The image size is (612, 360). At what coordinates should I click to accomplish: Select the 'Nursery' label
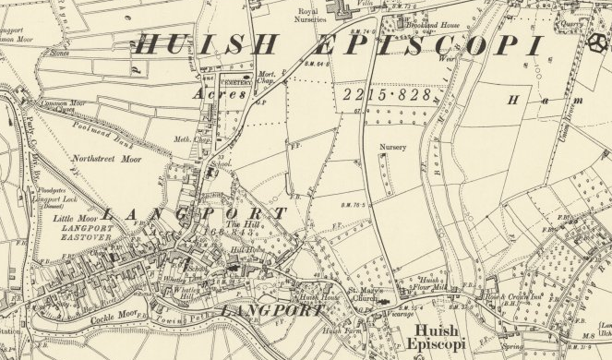coord(391,147)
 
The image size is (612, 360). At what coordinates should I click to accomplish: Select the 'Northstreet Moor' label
coord(105,158)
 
